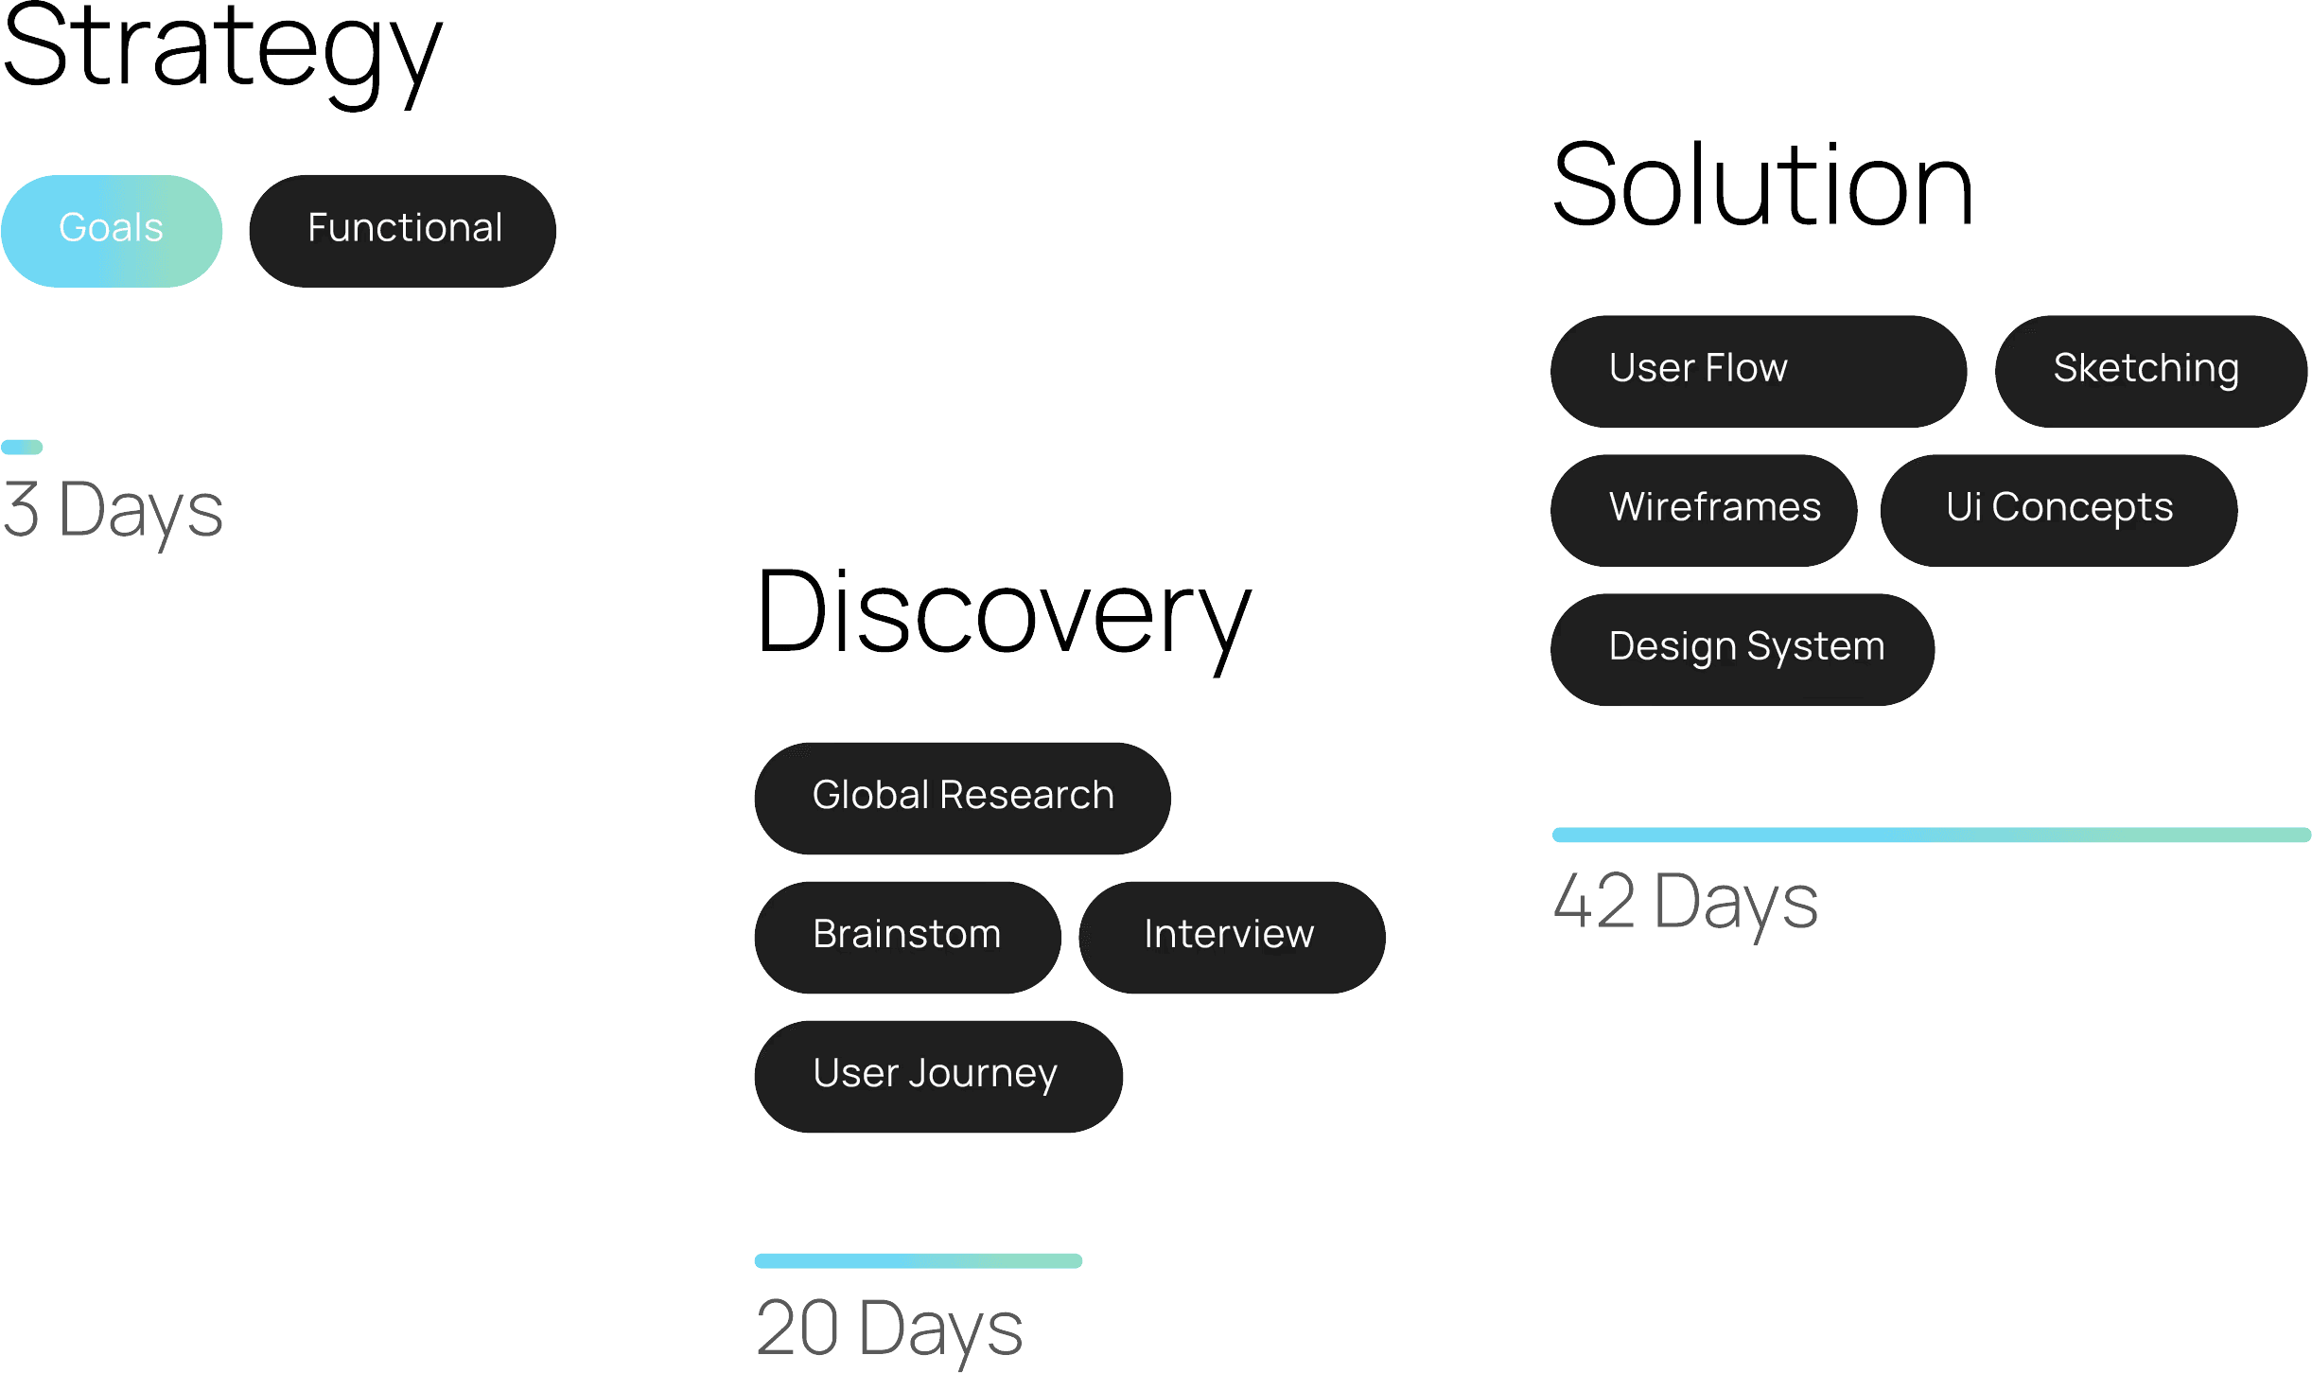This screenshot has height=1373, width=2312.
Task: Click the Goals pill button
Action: (112, 230)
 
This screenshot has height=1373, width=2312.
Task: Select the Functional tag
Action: (403, 230)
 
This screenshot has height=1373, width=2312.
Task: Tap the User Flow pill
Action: (1758, 371)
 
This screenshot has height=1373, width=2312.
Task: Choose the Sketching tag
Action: (2149, 371)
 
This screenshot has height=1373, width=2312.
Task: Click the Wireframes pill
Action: (1703, 510)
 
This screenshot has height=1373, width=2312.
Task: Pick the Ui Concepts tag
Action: (2058, 510)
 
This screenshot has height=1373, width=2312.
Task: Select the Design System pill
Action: (1743, 649)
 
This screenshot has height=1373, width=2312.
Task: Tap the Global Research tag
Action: (962, 798)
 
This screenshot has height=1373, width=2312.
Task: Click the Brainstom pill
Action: (907, 937)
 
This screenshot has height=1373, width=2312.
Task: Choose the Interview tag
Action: (1232, 937)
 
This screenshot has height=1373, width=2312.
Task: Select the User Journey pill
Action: (937, 1076)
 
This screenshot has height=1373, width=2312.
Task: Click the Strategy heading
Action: (221, 52)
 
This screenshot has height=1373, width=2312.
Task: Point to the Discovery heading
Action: (1003, 615)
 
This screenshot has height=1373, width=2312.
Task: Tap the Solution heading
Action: (1763, 185)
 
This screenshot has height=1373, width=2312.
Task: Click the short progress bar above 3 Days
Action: (23, 447)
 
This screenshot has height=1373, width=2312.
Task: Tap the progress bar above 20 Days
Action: (918, 1260)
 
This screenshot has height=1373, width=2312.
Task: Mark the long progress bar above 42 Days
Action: (1930, 835)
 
